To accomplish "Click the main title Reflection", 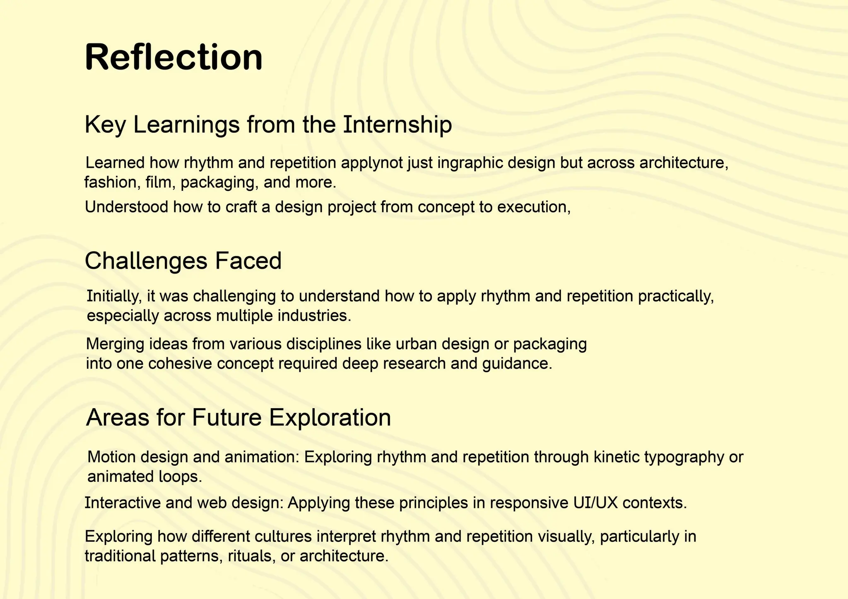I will coord(173,57).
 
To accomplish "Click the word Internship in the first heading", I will coord(397,125).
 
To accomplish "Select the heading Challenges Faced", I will coord(183,261).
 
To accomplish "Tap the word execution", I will coord(533,207).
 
